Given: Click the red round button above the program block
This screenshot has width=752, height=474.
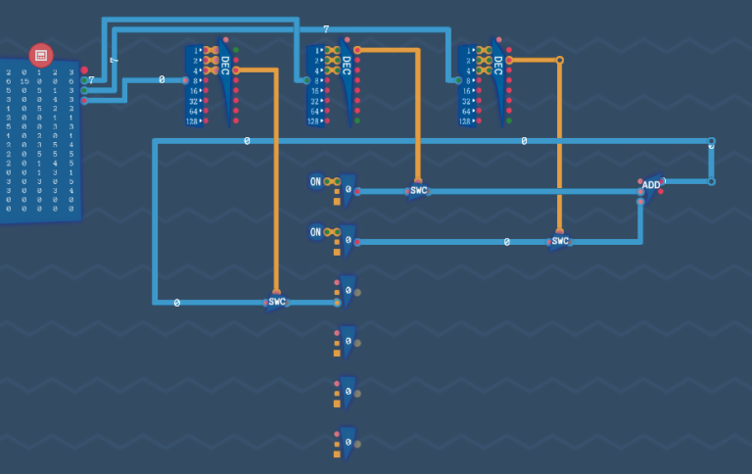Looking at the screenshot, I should coord(41,55).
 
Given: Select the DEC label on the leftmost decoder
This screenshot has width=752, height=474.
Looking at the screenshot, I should coord(225,65).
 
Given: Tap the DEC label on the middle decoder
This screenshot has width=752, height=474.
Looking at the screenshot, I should coord(347,65).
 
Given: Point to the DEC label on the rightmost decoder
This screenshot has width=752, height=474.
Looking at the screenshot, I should coord(498,65).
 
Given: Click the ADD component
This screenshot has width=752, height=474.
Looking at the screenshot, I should coord(651,184).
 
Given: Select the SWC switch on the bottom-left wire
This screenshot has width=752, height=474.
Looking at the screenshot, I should coord(277,302).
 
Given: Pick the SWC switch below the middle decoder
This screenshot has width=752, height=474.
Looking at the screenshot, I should coord(419,190).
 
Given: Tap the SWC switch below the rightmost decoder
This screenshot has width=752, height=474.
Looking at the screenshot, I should coord(560,241).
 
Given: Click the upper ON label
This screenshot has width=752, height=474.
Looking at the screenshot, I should coord(315,181).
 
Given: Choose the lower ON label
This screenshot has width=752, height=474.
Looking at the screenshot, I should coord(315,232).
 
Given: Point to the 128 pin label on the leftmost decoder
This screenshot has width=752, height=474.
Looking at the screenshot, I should coord(193,121).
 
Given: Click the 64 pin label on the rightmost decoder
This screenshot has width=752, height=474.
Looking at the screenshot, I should coord(467,111).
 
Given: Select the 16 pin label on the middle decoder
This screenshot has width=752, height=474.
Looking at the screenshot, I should coord(315,90).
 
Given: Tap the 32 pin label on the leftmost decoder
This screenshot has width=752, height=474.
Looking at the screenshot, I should coord(194,101).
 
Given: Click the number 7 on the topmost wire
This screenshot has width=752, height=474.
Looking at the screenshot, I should coord(326,29).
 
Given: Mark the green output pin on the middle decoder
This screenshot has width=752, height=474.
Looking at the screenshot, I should coord(357,121).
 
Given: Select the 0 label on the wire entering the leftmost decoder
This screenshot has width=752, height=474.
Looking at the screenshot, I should coord(162,80).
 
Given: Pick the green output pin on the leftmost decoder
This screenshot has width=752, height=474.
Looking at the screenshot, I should coord(236,49).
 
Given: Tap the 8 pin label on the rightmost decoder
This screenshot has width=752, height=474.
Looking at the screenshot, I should coord(469,80).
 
